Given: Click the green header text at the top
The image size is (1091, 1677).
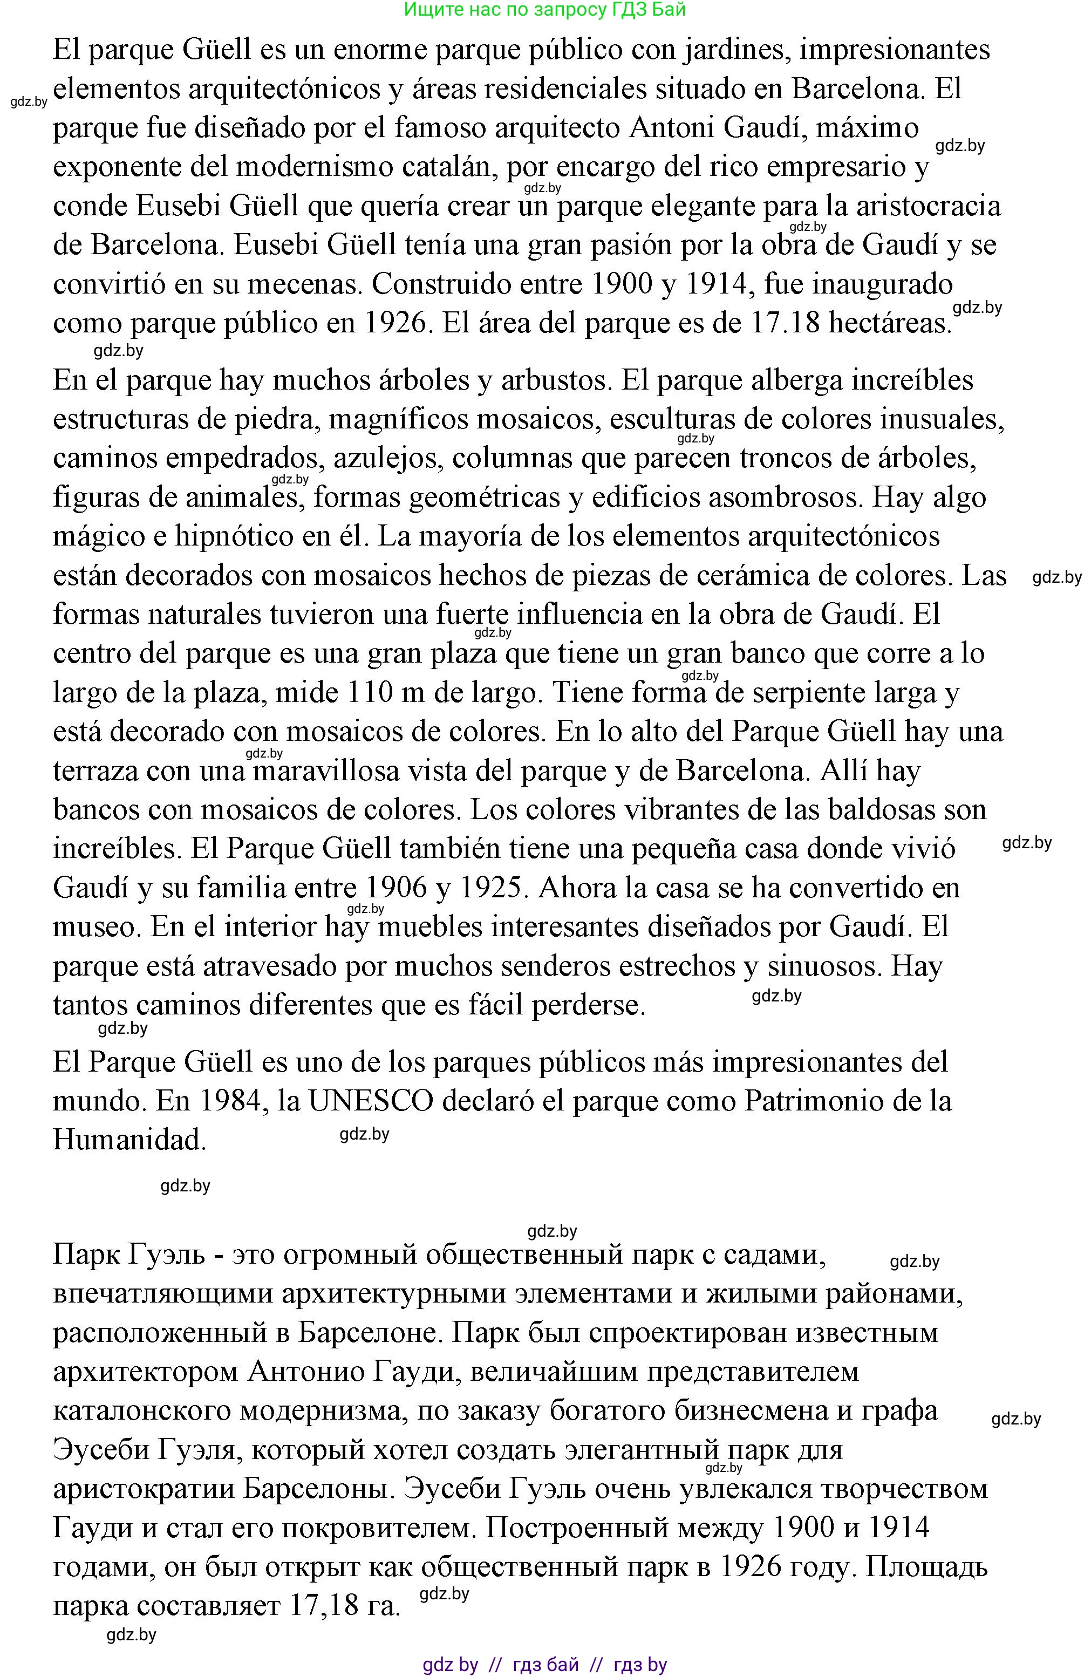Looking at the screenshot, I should [x=545, y=10].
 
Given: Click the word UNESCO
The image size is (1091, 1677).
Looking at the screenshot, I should [x=371, y=1101].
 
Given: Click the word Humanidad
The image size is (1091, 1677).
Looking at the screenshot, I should [x=129, y=1140].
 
